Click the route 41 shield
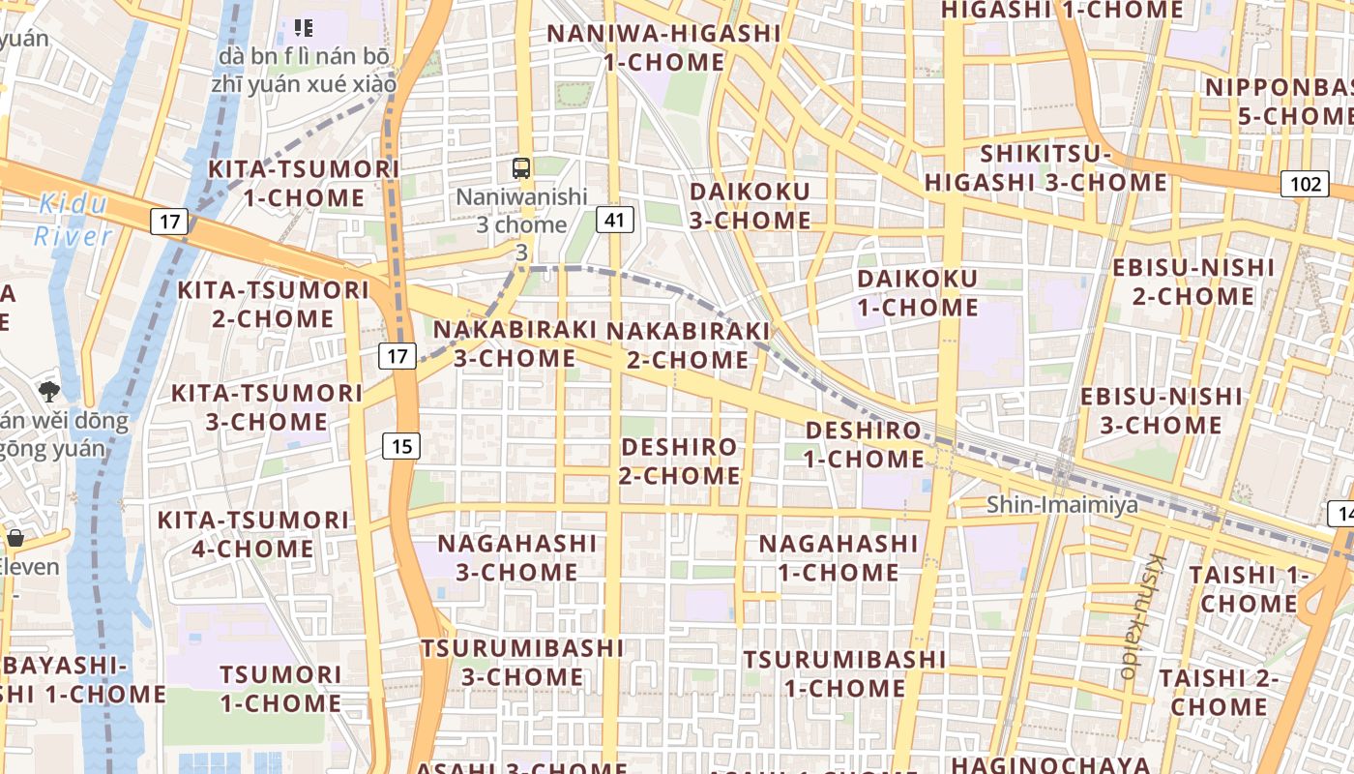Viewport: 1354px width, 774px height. point(614,220)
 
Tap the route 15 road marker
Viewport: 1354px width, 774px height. point(401,446)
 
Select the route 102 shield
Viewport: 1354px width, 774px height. point(1305,184)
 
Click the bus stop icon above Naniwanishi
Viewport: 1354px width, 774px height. point(521,167)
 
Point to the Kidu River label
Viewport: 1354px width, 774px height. point(74,220)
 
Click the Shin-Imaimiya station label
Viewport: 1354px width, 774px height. point(1062,505)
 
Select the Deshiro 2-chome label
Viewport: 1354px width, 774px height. point(680,461)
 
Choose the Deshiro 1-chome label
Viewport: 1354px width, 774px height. point(864,444)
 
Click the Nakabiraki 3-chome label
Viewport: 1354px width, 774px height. point(515,343)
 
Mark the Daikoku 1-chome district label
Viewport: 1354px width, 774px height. point(917,293)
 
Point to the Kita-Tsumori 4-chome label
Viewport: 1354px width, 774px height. point(252,534)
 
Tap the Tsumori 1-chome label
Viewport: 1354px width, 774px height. point(280,688)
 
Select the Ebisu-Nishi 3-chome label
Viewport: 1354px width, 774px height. point(1161,410)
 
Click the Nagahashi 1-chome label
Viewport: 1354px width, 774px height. point(839,557)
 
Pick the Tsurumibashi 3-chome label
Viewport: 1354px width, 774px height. point(522,662)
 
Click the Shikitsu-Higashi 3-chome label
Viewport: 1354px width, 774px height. point(1045,168)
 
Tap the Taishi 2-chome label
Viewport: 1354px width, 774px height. point(1219,692)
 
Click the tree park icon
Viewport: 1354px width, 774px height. point(48,392)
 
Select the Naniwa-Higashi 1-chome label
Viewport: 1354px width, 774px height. point(663,47)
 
